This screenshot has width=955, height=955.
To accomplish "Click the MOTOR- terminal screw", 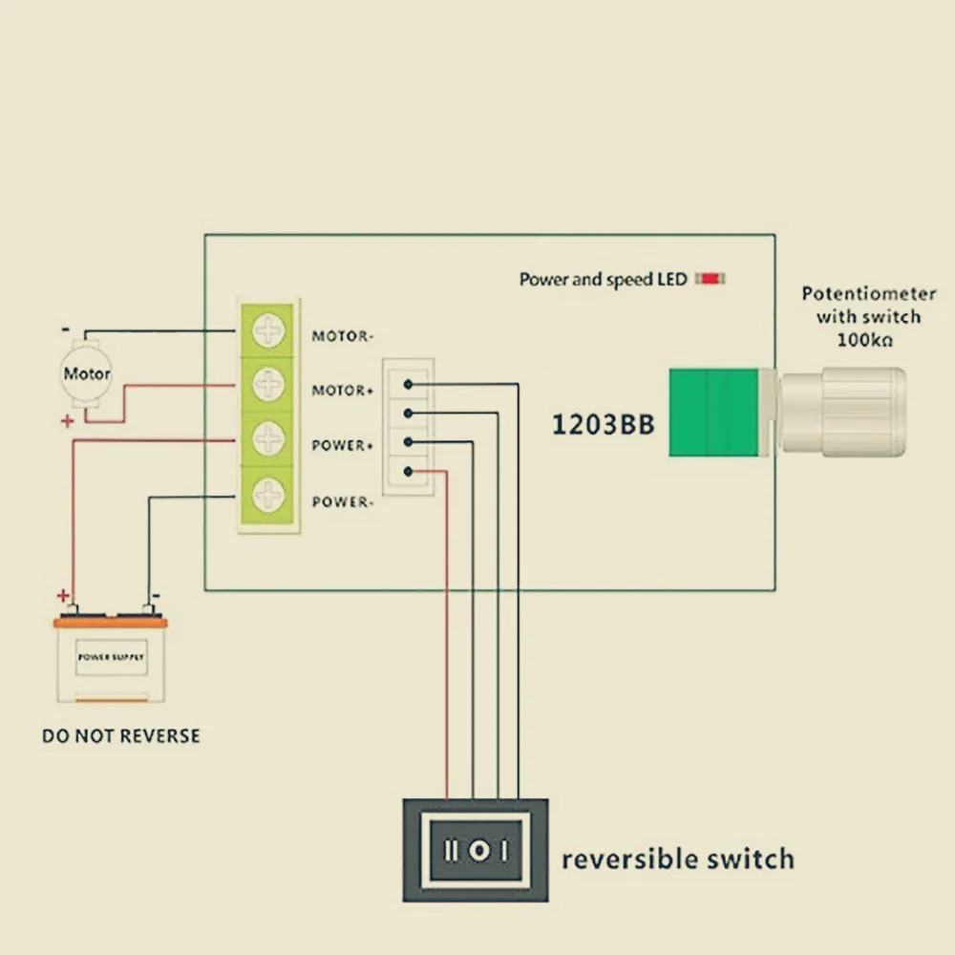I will click(x=269, y=331).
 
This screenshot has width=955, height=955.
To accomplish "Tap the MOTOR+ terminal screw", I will click(x=269, y=385).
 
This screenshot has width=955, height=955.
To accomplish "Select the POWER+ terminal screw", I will click(x=269, y=439).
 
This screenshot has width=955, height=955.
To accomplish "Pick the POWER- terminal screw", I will click(x=269, y=495).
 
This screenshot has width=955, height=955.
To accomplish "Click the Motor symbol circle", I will click(x=87, y=373).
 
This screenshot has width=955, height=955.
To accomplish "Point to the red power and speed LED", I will click(x=711, y=279).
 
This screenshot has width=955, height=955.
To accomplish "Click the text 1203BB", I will click(x=604, y=425).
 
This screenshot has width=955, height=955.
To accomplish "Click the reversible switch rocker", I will click(x=475, y=849).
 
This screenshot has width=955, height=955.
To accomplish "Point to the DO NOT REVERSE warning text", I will click(x=121, y=736).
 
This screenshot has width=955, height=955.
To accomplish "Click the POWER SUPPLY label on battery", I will click(x=111, y=657).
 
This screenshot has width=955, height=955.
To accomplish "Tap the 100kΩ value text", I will click(x=864, y=340).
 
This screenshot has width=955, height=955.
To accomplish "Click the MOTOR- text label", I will click(x=343, y=336).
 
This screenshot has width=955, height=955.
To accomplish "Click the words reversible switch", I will click(x=677, y=859).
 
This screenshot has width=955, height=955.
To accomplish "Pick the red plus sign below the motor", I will click(x=67, y=420).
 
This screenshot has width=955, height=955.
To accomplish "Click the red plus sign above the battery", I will click(x=64, y=596).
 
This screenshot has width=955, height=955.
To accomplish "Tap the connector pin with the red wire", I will click(x=409, y=471).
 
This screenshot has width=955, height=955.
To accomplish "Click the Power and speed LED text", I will click(x=603, y=280).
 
